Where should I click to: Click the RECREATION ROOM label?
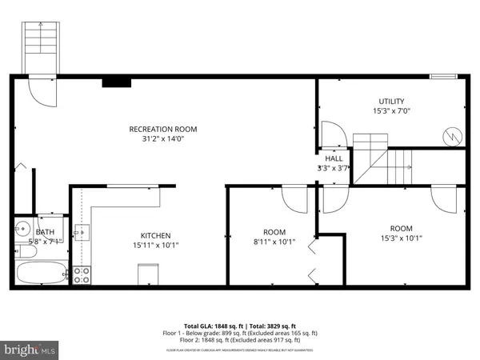163,129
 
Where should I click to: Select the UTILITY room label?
392,101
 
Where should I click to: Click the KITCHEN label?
156,235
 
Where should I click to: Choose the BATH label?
46,231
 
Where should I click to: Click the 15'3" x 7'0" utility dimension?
392,111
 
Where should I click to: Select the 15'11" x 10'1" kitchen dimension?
156,246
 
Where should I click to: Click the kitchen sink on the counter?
79,233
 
